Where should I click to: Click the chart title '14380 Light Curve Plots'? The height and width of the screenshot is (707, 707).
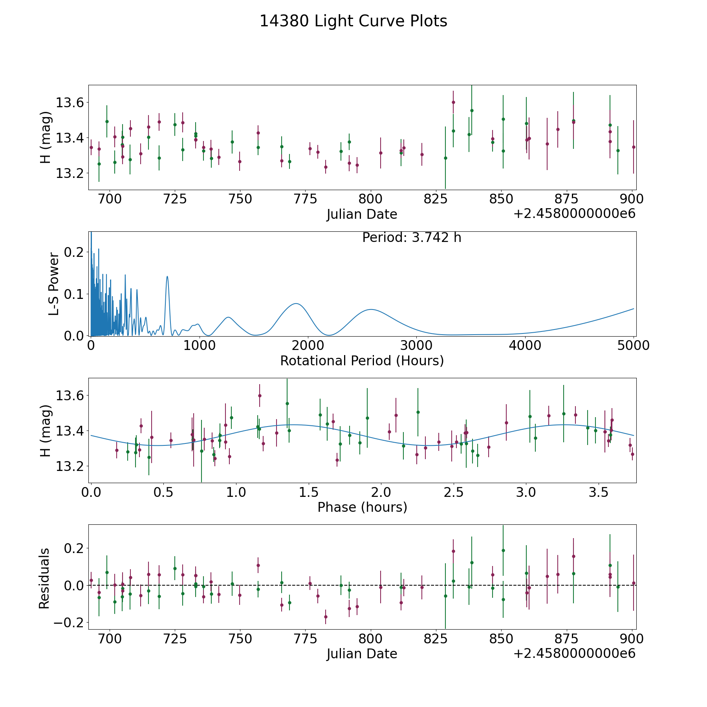pyautogui.click(x=353, y=21)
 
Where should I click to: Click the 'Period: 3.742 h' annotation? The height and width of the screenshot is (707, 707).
pyautogui.click(x=412, y=238)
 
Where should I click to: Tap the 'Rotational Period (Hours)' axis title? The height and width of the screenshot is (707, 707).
pyautogui.click(x=362, y=361)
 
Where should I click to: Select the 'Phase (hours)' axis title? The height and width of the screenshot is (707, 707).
pyautogui.click(x=362, y=507)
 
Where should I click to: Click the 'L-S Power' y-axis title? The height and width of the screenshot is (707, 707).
pyautogui.click(x=54, y=284)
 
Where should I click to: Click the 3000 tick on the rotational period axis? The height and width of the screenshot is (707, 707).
pyautogui.click(x=416, y=346)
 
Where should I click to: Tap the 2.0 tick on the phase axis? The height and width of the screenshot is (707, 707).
pyautogui.click(x=381, y=492)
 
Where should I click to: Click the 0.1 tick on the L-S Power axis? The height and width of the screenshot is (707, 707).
pyautogui.click(x=74, y=294)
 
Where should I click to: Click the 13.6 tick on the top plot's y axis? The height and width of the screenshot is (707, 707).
pyautogui.click(x=70, y=103)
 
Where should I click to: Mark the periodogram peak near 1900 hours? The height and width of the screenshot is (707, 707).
pyautogui.click(x=296, y=304)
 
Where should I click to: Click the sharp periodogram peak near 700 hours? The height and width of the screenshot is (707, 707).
pyautogui.click(x=167, y=277)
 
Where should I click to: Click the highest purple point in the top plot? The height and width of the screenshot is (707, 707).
pyautogui.click(x=453, y=102)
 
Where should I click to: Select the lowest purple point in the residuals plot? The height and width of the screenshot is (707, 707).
pyautogui.click(x=326, y=617)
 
